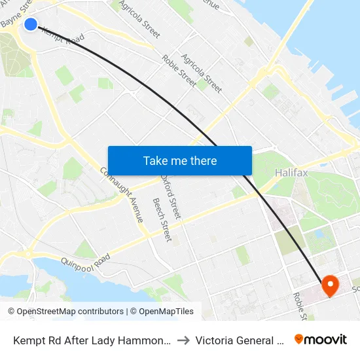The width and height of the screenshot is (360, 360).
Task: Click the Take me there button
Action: pyautogui.click(x=180, y=161)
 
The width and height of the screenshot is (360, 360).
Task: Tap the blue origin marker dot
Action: pyautogui.click(x=31, y=24)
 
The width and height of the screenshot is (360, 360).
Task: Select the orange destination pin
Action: pyautogui.click(x=329, y=284)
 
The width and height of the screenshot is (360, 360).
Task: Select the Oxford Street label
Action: pyautogui.click(x=173, y=198)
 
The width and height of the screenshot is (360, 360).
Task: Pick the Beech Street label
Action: pyautogui.click(x=161, y=219)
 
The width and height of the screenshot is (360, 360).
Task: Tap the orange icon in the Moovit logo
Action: pyautogui.click(x=299, y=340)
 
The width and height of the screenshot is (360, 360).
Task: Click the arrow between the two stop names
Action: pyautogui.click(x=183, y=340)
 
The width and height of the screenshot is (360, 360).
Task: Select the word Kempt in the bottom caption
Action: pyautogui.click(x=29, y=340)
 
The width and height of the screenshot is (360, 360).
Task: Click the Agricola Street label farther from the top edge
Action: pyautogui.click(x=202, y=73)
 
